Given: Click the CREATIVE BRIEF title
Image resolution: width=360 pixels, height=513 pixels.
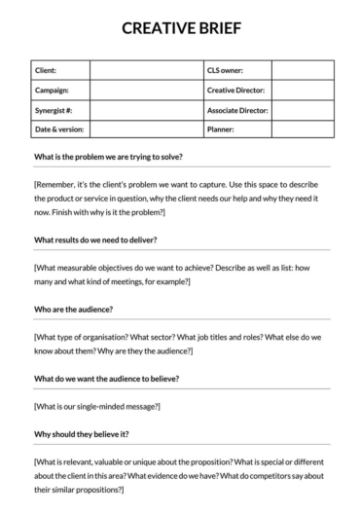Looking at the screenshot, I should point(180,28).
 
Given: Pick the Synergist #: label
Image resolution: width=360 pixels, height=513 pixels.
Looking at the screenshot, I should point(54,109).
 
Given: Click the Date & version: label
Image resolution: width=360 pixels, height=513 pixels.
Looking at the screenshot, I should point(59,128).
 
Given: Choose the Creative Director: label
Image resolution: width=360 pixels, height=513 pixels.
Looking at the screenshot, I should point(235,90).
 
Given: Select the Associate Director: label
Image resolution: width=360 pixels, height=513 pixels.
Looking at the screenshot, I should point(237,109).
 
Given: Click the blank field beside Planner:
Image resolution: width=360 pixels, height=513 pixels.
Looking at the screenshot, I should point(302,128).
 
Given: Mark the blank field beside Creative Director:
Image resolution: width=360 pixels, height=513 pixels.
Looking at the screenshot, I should point(302,90).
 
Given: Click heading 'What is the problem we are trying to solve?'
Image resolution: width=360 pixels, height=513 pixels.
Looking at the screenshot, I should point(108,157).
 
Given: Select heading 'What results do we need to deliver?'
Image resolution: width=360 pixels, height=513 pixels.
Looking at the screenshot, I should point(95,239).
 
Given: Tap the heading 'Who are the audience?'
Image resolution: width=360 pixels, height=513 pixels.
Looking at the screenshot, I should point(73,309).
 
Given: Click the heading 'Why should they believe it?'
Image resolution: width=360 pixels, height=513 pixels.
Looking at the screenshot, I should point(82,433).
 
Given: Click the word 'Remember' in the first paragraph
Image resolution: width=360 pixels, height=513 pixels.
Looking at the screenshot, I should point(57,185).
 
